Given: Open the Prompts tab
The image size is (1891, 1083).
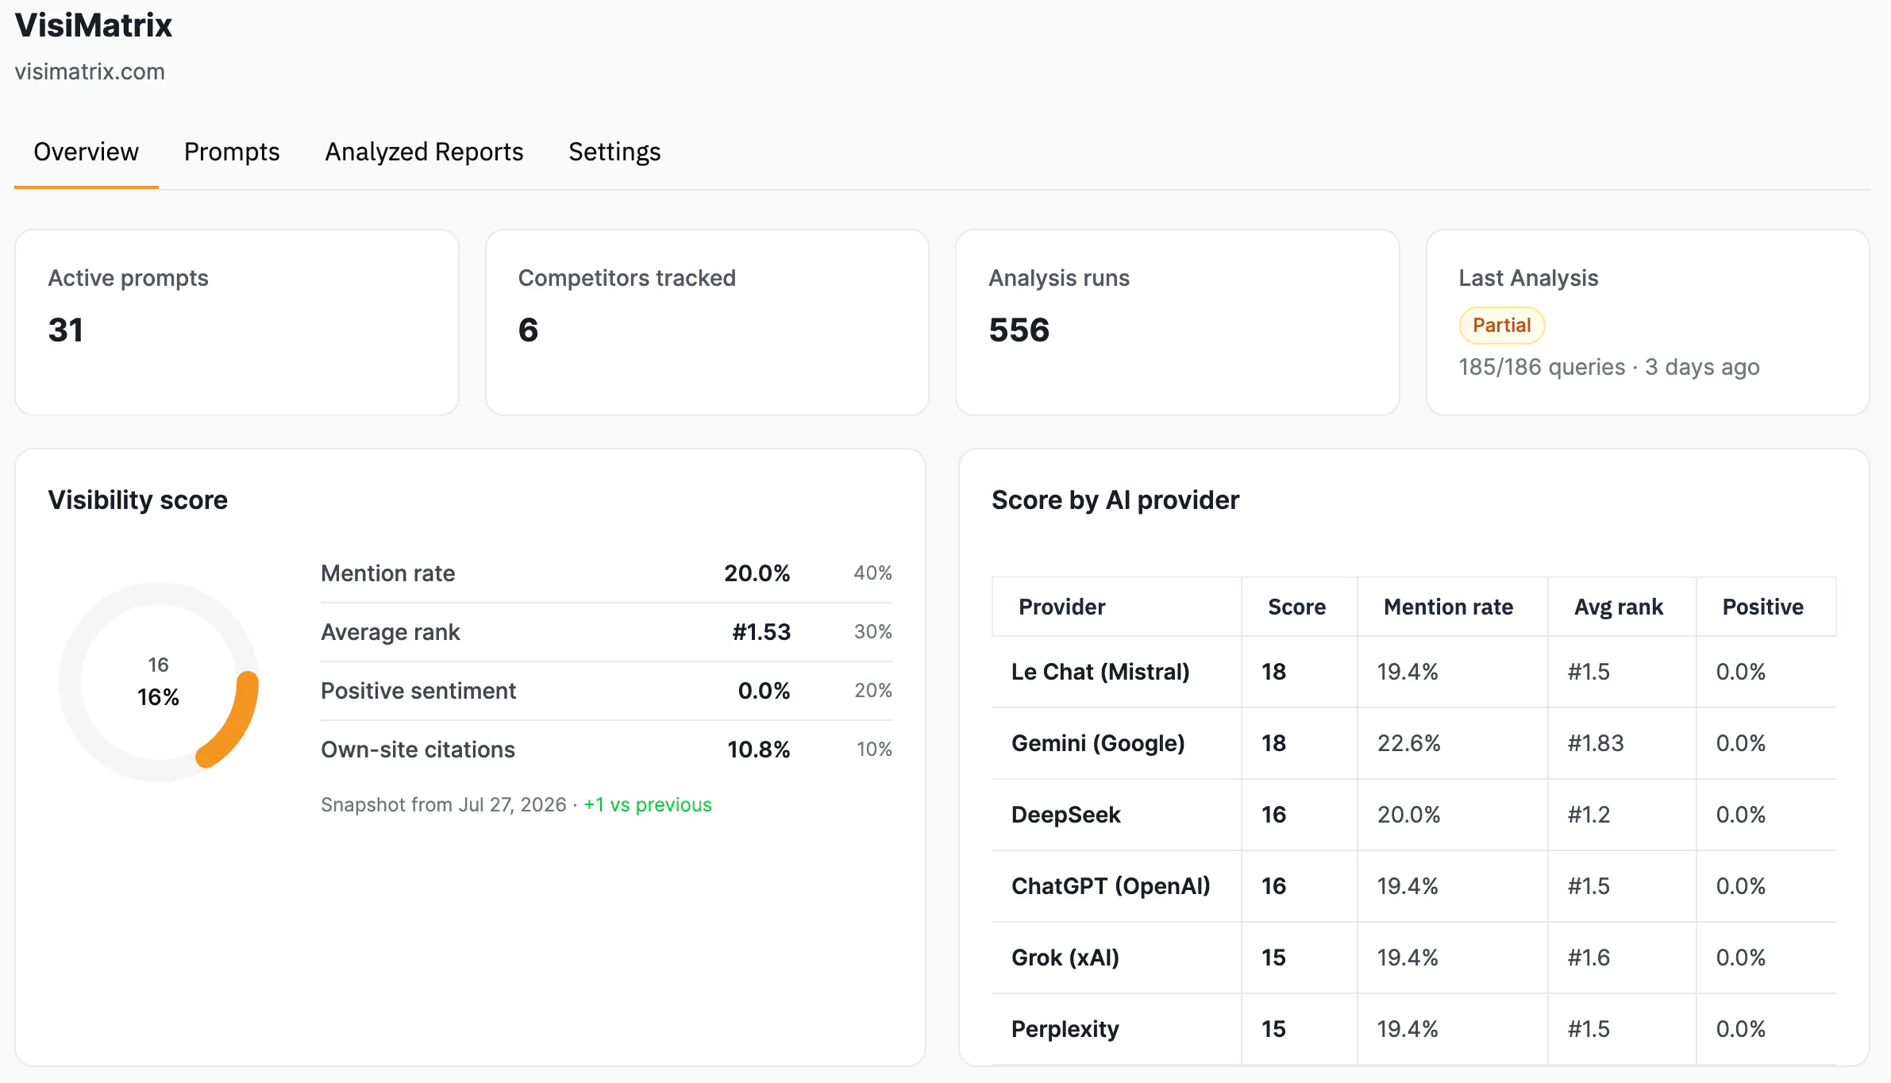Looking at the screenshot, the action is click(x=232, y=152).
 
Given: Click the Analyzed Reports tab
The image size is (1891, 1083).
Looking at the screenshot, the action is click(x=424, y=152).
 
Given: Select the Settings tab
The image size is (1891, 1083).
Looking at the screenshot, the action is click(x=614, y=152).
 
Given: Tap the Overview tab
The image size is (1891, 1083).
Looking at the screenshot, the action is click(x=86, y=152).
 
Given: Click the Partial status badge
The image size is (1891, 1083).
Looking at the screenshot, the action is click(x=1501, y=326).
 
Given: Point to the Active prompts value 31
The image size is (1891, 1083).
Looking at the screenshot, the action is click(x=66, y=330).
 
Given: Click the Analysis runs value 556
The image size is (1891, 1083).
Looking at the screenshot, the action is click(x=1019, y=330).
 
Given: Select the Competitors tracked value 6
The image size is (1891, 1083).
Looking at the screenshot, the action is click(x=528, y=330).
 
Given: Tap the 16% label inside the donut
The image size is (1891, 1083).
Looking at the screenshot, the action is click(x=158, y=697).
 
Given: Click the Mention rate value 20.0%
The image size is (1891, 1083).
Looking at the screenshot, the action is click(x=757, y=573).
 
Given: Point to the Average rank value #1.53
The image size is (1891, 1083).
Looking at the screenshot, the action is click(x=761, y=632).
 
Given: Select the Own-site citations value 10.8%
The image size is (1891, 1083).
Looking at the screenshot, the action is click(x=758, y=750).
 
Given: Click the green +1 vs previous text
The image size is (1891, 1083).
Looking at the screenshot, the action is click(x=648, y=805).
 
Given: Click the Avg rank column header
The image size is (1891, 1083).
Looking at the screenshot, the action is click(x=1618, y=607).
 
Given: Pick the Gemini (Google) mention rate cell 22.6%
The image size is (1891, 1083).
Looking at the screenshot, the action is click(x=1408, y=743).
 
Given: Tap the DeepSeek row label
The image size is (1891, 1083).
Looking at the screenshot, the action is click(x=1065, y=815).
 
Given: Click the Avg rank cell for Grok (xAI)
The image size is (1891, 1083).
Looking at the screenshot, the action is click(x=1589, y=958).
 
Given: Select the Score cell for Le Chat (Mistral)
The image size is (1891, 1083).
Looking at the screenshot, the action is click(x=1273, y=672).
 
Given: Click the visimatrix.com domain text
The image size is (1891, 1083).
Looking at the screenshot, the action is click(x=90, y=71).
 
